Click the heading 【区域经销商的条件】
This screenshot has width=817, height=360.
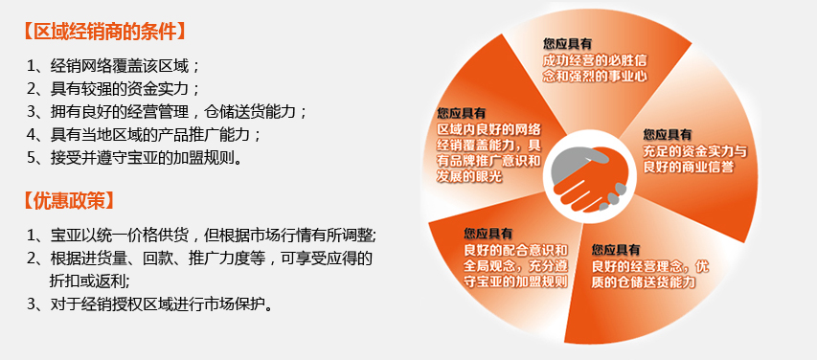[x=104, y=32]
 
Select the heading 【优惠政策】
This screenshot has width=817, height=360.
[x=69, y=201]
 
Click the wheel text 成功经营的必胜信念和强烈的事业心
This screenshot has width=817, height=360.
[x=595, y=68]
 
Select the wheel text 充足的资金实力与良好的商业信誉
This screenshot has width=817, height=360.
[x=695, y=160]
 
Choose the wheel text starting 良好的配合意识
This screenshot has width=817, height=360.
[x=516, y=266]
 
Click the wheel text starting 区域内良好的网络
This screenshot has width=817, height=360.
[x=489, y=152]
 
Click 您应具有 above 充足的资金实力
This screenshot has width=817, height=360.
[x=668, y=134]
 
